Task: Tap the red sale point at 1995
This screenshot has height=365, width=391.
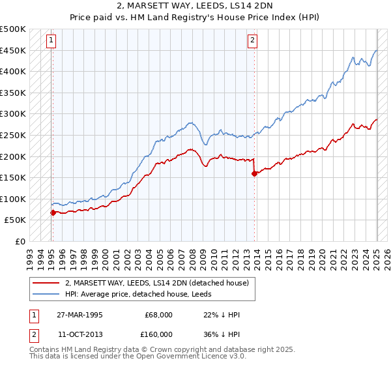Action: tap(52, 212)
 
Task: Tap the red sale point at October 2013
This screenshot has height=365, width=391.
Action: tap(255, 173)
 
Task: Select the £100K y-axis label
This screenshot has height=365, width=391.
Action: tap(12, 199)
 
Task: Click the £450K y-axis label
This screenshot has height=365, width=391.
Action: tap(12, 50)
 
